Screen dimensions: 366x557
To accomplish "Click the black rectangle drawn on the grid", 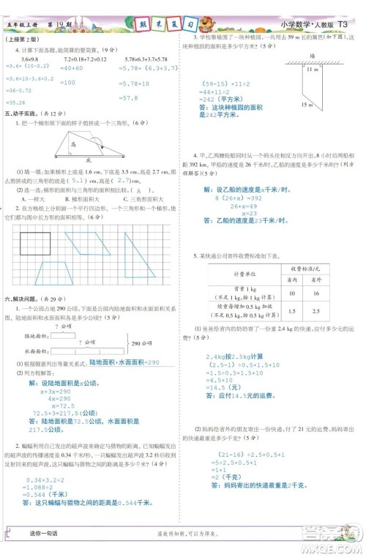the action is point(34,240).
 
